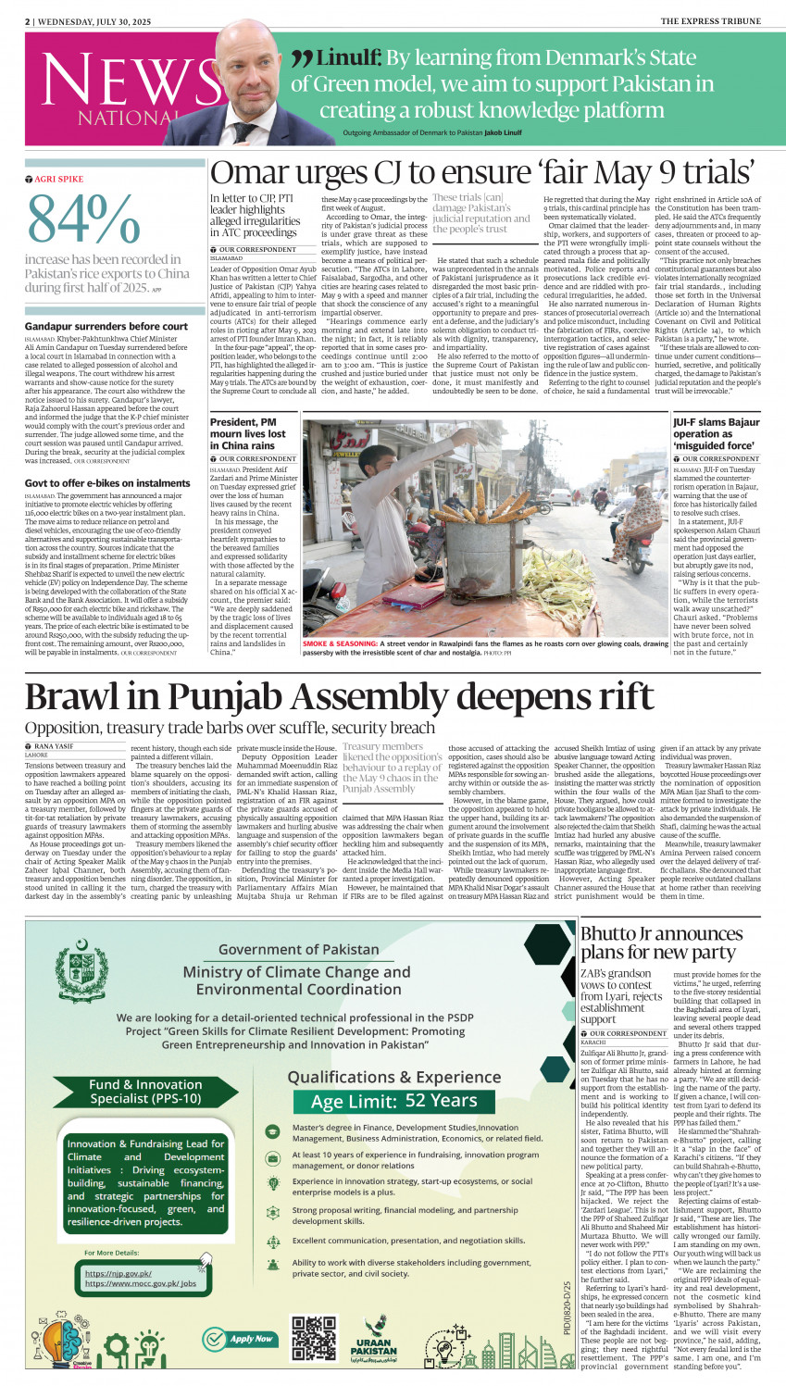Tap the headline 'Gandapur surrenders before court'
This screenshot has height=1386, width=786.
click(106, 326)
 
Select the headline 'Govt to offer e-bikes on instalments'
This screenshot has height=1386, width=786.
click(107, 483)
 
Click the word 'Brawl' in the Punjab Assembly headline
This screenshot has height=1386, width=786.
click(87, 695)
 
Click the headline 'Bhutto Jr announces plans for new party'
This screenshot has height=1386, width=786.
click(661, 943)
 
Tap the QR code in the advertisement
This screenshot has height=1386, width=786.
click(314, 1338)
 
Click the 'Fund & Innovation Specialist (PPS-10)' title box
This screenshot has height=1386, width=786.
click(145, 1091)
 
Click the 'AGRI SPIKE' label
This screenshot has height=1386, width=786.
click(57, 179)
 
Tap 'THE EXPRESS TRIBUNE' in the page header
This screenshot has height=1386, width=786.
click(710, 20)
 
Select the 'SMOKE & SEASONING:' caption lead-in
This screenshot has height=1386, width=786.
click(340, 643)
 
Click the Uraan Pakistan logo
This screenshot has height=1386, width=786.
click(374, 1338)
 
